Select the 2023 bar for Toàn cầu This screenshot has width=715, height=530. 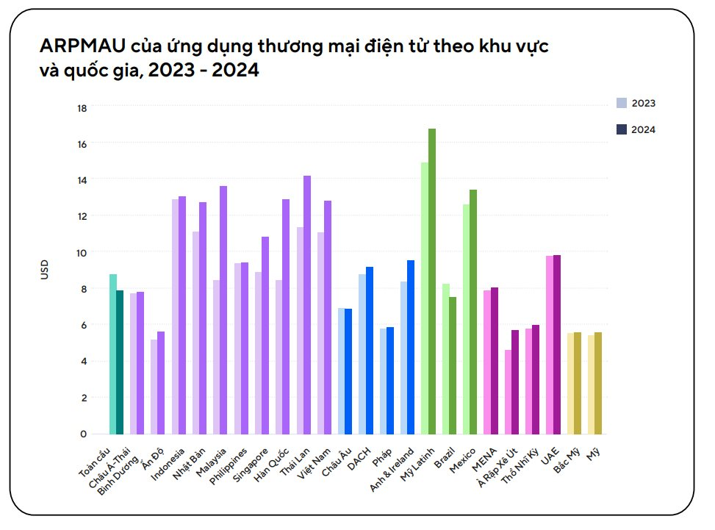[x=113, y=354]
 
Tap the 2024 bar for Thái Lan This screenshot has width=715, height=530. [x=307, y=304]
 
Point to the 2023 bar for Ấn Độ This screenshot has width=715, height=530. [x=154, y=386]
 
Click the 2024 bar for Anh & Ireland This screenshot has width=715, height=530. [x=411, y=346]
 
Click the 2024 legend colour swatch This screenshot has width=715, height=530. [x=622, y=129]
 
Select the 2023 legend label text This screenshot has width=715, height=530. [x=643, y=103]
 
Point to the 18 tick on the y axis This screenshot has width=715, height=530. [x=82, y=108]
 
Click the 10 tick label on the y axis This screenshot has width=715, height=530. [x=82, y=252]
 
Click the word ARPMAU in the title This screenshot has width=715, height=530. [x=83, y=48]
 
